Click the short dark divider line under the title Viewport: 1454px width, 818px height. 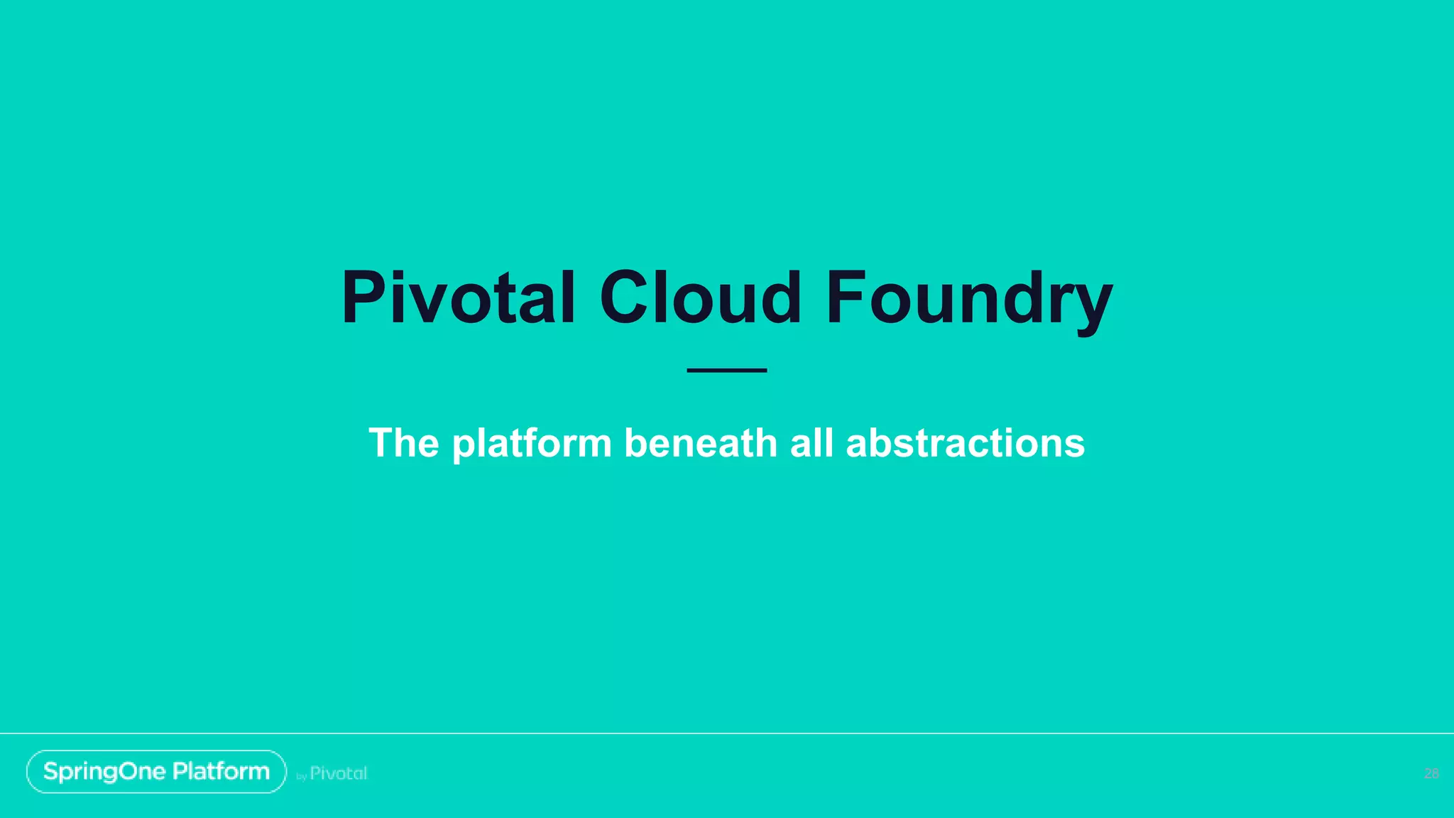[x=726, y=370]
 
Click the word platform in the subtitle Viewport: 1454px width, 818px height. [x=532, y=443]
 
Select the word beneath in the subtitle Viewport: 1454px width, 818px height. [x=701, y=443]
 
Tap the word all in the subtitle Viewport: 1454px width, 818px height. [x=811, y=443]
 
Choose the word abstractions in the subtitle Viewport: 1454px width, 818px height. [x=965, y=443]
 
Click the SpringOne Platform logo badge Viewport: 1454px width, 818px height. [x=156, y=772]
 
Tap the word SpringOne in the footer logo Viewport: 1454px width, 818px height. [x=104, y=772]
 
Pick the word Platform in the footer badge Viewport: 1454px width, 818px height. [x=221, y=772]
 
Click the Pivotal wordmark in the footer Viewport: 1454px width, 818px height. [x=339, y=773]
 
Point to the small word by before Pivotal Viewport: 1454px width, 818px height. [x=301, y=777]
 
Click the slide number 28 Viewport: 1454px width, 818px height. [x=1431, y=773]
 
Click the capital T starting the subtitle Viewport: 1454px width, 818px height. [x=383, y=443]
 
